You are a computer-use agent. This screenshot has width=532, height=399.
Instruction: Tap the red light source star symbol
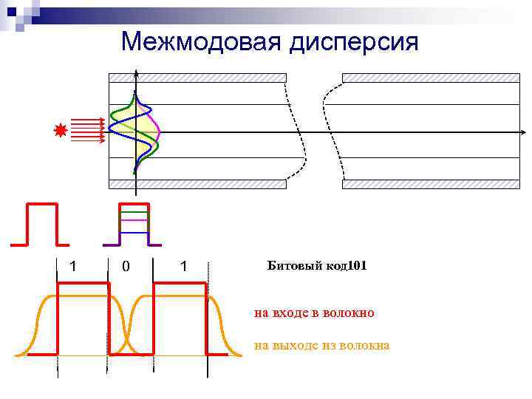[x=61, y=131]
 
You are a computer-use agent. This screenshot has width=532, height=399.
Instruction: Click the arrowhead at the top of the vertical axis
[x=136, y=73]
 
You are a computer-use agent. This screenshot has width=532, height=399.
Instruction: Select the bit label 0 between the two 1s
[x=126, y=266]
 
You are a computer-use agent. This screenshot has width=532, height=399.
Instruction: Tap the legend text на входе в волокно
[x=314, y=313]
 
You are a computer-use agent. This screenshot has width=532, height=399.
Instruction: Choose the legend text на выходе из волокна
[x=321, y=346]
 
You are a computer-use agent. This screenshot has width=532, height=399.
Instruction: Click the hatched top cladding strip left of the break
[x=197, y=78]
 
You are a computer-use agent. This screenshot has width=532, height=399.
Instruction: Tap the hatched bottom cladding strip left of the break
[x=197, y=184]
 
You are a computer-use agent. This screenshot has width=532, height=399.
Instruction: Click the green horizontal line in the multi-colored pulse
[x=134, y=213]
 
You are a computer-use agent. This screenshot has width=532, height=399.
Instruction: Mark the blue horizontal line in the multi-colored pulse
[x=134, y=232]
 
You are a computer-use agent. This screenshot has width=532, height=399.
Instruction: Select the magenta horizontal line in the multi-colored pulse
[x=134, y=220]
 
